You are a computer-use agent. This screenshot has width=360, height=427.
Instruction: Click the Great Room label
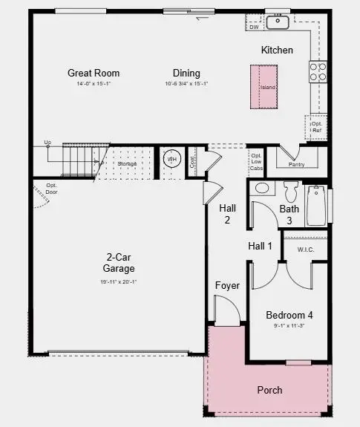click(94, 73)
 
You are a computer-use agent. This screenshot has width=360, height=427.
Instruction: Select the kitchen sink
click(278, 22)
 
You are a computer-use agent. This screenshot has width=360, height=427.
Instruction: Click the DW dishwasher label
click(254, 27)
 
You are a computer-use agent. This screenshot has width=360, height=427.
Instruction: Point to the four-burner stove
click(317, 71)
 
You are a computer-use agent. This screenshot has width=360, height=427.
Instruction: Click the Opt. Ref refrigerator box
click(316, 128)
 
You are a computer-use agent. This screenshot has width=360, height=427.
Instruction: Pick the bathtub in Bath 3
click(315, 206)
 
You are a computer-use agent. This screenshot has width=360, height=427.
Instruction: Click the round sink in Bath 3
click(261, 188)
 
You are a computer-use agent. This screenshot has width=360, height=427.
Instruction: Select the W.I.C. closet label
click(305, 250)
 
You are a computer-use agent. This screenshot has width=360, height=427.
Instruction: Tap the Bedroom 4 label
click(289, 315)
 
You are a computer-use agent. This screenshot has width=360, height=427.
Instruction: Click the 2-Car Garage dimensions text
click(119, 281)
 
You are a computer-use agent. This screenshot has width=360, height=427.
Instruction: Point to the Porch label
click(269, 390)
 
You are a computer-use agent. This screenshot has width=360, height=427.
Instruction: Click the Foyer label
click(227, 285)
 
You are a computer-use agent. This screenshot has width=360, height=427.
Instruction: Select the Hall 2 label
click(227, 214)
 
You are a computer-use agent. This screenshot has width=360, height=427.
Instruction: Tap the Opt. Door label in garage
click(51, 188)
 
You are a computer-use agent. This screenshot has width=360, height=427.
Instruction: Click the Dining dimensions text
click(186, 83)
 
